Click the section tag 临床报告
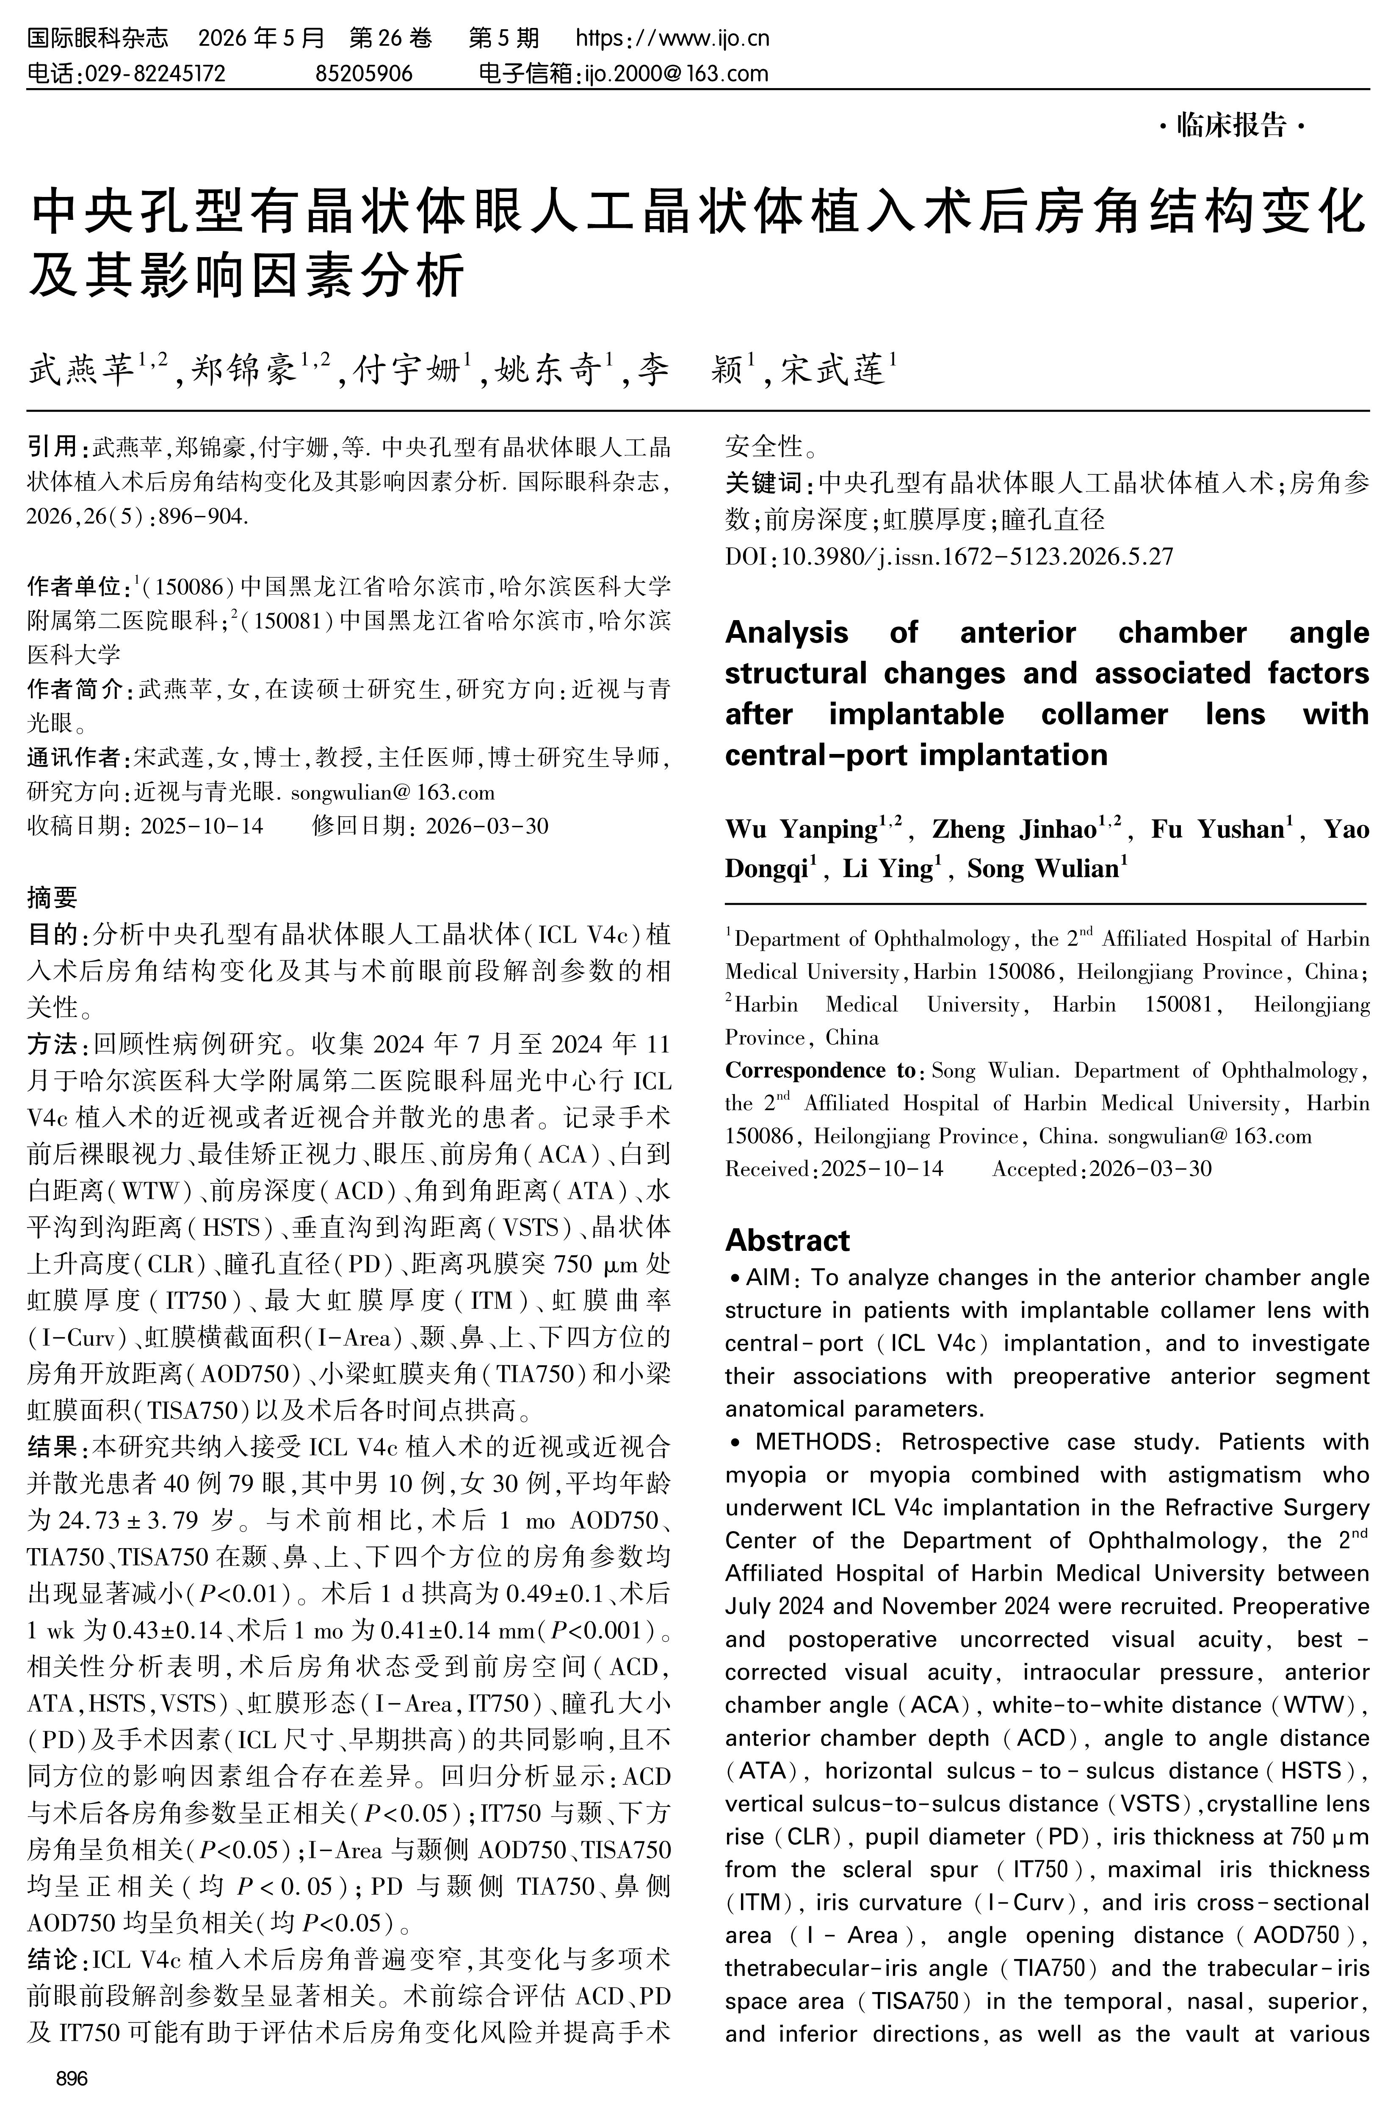click(1232, 127)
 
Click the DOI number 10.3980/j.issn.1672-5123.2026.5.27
click(978, 557)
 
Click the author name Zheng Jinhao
click(1013, 829)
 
